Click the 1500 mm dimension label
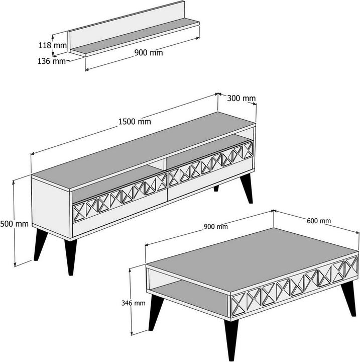click(x=134, y=121)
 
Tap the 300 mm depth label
click(x=242, y=98)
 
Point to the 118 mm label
click(x=53, y=45)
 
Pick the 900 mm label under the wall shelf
click(x=149, y=52)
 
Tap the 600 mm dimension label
click(x=318, y=220)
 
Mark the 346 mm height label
click(x=134, y=303)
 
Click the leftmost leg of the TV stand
click(x=39, y=244)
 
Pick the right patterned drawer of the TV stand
click(x=209, y=165)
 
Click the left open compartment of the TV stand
click(x=100, y=186)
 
